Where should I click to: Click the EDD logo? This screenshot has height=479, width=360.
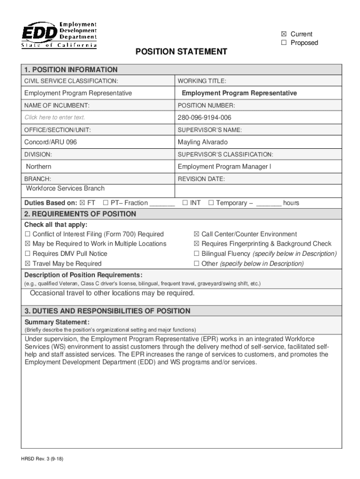coord(59,34)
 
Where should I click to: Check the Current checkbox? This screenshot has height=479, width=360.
coord(284,34)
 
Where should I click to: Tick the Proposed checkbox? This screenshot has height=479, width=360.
coord(284,43)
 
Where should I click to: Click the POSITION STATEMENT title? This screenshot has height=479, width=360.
coord(181,51)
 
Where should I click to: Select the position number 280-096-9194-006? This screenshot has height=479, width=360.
coord(204,117)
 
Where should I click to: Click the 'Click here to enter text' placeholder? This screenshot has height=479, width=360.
coord(55,117)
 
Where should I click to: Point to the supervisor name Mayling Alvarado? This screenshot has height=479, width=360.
coord(202,142)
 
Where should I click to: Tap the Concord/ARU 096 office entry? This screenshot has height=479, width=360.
coord(50,142)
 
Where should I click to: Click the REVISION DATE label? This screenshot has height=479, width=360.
coord(201,179)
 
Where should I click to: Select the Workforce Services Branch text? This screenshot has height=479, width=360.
coord(65,189)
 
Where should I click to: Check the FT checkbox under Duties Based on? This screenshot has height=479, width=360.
coord(83,203)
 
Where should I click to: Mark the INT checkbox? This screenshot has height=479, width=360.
coord(185,203)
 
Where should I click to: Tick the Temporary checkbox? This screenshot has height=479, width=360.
coord(211,203)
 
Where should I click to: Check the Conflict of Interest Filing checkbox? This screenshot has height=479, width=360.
coord(28,234)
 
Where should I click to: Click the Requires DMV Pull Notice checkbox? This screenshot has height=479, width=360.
coord(28,254)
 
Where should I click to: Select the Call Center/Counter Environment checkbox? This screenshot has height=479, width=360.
coord(196,234)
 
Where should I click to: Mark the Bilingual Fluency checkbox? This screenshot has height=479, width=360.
coord(196,254)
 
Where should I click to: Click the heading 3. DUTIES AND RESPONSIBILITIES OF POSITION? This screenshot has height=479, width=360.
coord(108,311)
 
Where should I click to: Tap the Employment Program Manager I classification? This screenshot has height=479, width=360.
coord(224,167)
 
